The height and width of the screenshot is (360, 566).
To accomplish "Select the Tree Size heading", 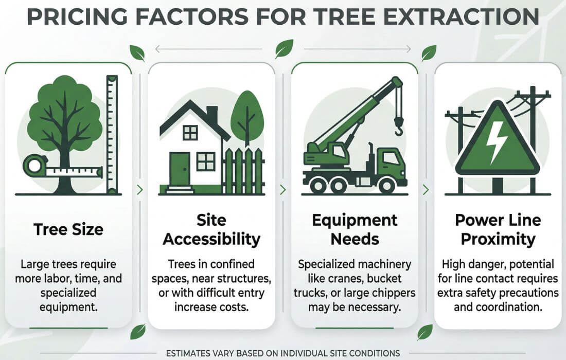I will pos(68,229).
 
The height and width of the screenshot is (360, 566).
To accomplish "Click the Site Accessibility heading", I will pos(211,230).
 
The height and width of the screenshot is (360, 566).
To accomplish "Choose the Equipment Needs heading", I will pos(355,229).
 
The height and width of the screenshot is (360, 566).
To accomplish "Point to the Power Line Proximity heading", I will pos(498,230).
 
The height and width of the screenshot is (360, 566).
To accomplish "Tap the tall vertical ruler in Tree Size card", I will pos(112,134).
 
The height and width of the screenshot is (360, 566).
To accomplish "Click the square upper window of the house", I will pos(190,133).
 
